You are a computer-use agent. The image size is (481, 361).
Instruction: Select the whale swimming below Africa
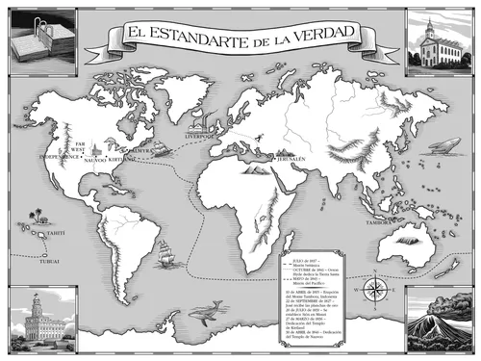click(205, 309)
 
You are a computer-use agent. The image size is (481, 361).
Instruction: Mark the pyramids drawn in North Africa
click(257, 169)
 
